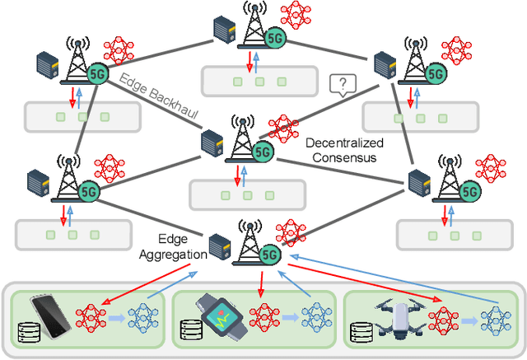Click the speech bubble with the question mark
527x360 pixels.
coord(341,84)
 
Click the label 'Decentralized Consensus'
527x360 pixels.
coord(339,150)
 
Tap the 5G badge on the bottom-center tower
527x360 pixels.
coord(268,255)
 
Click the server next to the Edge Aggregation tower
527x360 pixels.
coord(220,245)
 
